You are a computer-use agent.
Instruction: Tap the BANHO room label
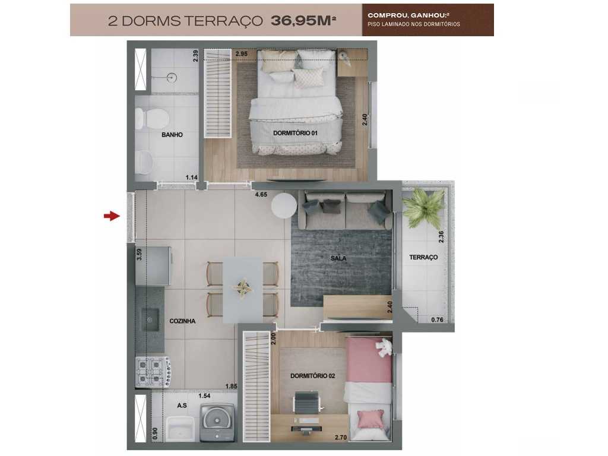[172, 135]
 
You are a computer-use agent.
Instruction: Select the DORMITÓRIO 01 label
[296, 134]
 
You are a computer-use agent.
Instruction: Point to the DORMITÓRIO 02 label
[313, 376]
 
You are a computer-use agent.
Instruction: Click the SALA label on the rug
[339, 258]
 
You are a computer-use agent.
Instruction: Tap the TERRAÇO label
[423, 257]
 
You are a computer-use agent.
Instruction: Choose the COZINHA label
[182, 321]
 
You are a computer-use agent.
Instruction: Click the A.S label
[183, 406]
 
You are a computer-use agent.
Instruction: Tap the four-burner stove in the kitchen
[151, 371]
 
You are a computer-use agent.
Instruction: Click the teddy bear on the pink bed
[385, 348]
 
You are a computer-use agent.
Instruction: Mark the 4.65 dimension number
[261, 194]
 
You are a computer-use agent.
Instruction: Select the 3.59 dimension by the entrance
[140, 254]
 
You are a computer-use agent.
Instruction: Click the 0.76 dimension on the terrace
[437, 319]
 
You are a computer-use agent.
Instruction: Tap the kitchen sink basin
[149, 320]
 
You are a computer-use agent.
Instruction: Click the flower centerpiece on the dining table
[243, 288]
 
